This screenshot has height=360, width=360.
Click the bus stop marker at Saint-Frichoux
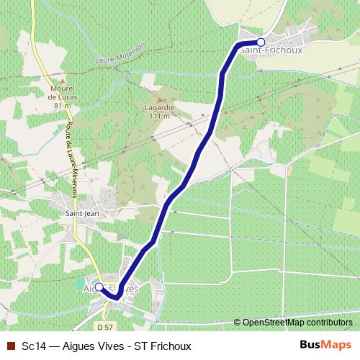coord(261,42)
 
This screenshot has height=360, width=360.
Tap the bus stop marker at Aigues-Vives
coord(99,287)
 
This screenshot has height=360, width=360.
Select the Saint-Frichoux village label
coord(271,51)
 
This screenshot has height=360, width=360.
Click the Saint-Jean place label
coord(82,213)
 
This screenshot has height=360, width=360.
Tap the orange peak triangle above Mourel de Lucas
coord(63,81)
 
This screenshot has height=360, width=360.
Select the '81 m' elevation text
coord(63,106)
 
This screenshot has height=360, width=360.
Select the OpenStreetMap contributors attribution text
coord(297,322)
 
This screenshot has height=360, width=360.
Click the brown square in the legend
coord(10,346)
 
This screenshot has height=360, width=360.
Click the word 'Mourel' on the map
coord(63,89)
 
